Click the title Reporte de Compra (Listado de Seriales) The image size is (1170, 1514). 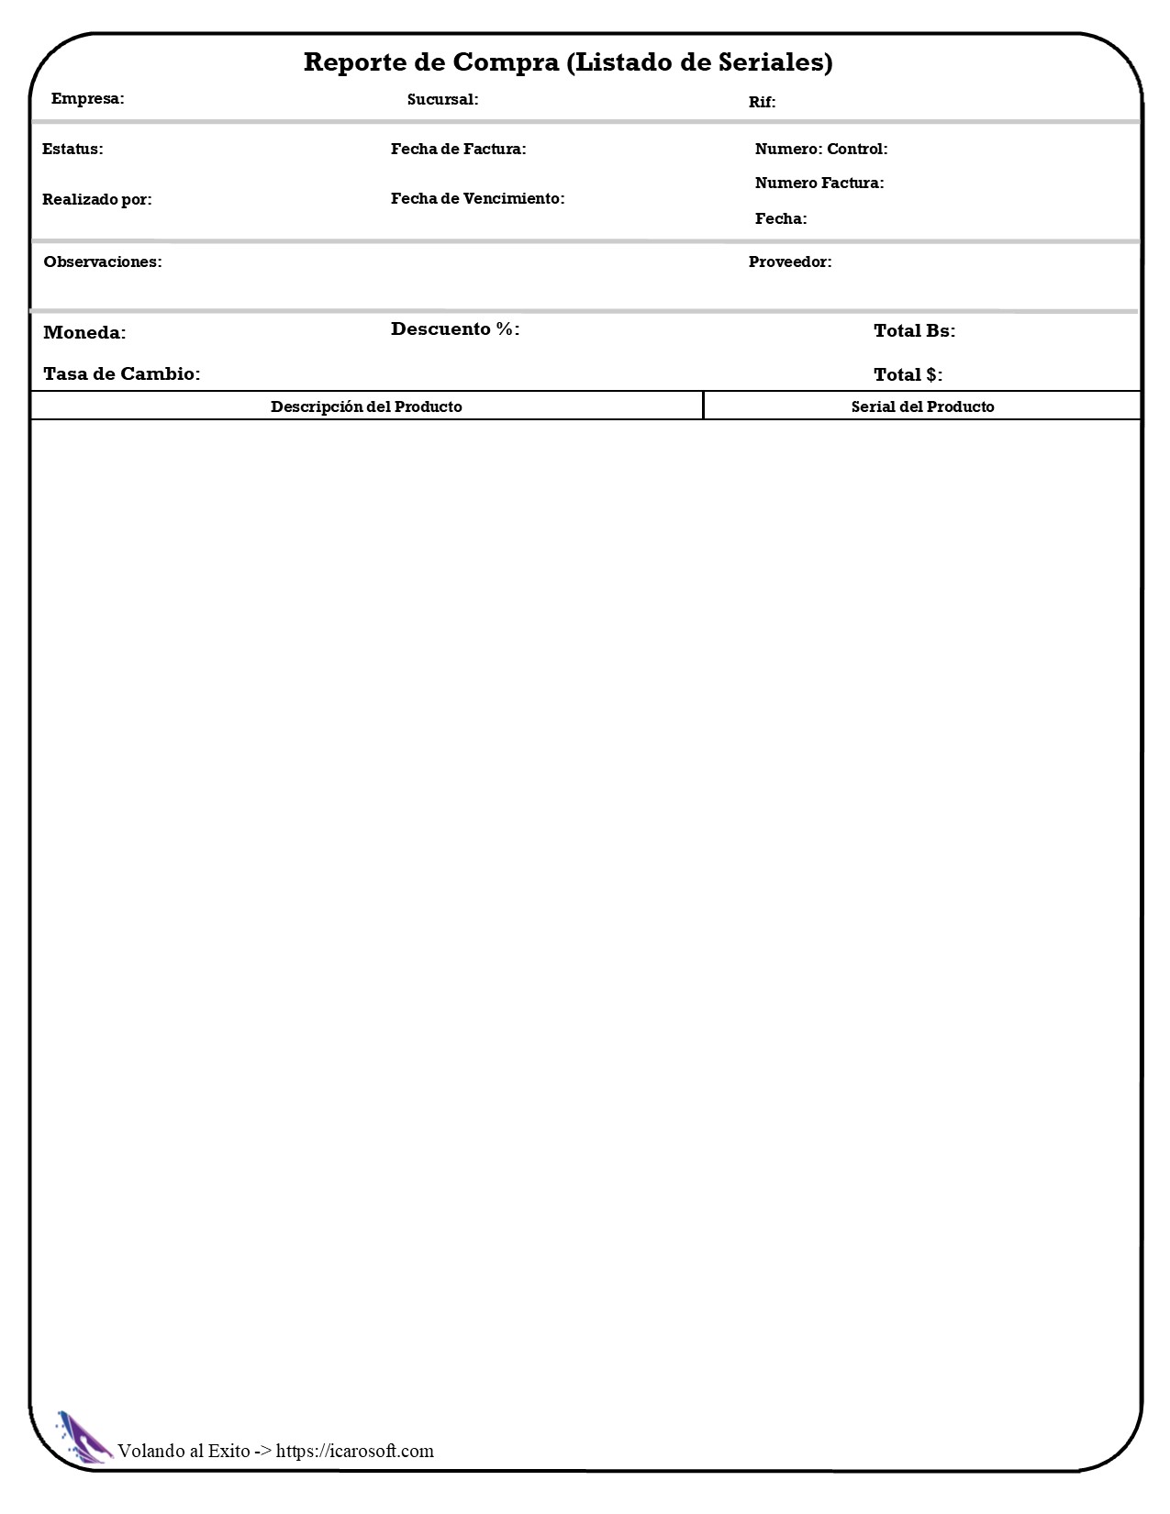[x=568, y=62]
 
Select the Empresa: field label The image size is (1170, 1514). [x=88, y=98]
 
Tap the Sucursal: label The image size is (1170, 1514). [x=442, y=99]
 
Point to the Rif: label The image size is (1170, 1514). [x=762, y=102]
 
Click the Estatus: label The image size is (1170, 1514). [x=72, y=149]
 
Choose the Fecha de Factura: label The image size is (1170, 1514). [x=458, y=149]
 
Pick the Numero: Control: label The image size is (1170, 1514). [x=821, y=149]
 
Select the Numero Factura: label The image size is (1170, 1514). [x=819, y=183]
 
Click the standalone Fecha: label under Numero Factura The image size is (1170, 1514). [x=781, y=218]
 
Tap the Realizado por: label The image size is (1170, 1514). [x=97, y=199]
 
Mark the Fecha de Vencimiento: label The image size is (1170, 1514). [x=477, y=198]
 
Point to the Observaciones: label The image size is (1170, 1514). [x=103, y=262]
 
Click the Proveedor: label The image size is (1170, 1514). [x=790, y=262]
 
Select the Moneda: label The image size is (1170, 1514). [x=84, y=332]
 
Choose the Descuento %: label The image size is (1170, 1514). [x=455, y=328]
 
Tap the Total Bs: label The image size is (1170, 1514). [x=914, y=330]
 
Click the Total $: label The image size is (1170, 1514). [x=908, y=374]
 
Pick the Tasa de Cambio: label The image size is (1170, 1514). [x=121, y=373]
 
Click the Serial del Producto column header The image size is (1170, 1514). [x=922, y=406]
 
